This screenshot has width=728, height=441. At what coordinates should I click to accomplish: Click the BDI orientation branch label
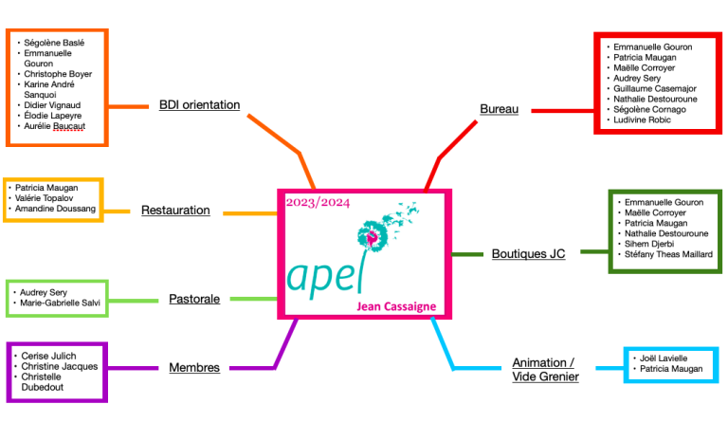(199, 104)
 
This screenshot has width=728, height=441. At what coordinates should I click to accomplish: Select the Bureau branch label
(499, 109)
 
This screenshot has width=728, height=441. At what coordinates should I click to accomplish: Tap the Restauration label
(175, 211)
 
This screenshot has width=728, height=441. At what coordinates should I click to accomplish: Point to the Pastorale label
(194, 299)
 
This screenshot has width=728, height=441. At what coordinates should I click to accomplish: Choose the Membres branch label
(194, 367)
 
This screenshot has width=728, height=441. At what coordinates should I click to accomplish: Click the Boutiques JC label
(528, 254)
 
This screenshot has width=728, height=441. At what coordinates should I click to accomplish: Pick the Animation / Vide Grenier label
(543, 370)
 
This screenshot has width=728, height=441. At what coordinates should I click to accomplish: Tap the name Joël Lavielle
(664, 358)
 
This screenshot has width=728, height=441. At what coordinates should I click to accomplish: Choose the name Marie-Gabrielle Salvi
(60, 303)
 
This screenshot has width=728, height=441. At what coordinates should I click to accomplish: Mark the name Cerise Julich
(50, 356)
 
